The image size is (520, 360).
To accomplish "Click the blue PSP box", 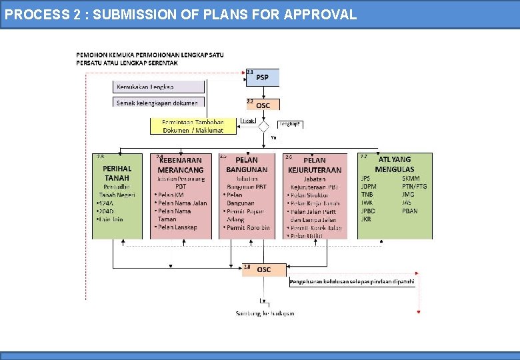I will (263, 77).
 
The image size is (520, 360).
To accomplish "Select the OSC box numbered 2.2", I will (263, 105).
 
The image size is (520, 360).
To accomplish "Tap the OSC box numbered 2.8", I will (264, 269).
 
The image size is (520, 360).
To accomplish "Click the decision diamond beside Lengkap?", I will (264, 125).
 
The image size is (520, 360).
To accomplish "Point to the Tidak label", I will (247, 121).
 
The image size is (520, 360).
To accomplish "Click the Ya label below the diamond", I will (273, 137).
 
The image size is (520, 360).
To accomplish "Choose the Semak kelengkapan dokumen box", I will (159, 103).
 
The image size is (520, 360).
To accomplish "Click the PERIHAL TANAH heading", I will (117, 173).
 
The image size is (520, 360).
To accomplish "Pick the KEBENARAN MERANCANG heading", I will (181, 165).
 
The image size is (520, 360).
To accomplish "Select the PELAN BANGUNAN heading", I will (247, 165).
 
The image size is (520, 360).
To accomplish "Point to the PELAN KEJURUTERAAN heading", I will (315, 165).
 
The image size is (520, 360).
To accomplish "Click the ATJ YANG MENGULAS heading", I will (395, 165).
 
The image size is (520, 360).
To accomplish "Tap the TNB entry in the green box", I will (367, 194).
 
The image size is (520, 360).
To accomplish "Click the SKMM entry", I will (411, 178).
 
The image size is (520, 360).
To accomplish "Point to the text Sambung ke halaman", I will (265, 313).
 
